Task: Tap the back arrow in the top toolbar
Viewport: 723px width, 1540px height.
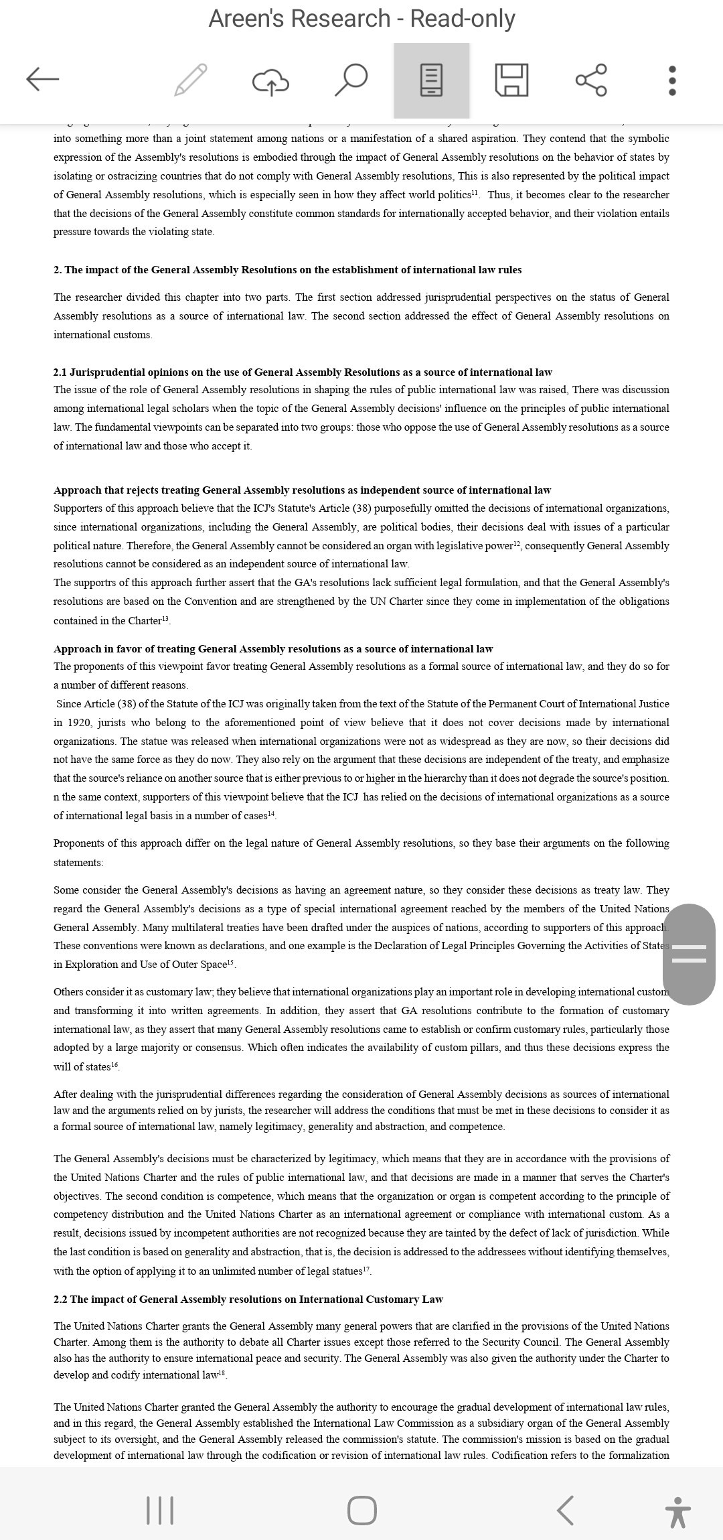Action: point(43,79)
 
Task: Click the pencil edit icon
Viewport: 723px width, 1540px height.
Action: point(190,80)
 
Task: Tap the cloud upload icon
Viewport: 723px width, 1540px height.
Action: point(270,81)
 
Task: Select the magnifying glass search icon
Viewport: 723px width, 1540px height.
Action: point(351,80)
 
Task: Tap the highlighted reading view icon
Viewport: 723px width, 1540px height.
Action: point(431,80)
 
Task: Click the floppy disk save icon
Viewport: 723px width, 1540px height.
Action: point(511,80)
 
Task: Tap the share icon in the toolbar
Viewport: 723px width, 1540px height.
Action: point(592,80)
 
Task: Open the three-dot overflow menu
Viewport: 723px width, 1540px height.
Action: point(672,80)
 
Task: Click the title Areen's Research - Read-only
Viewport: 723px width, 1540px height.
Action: point(361,19)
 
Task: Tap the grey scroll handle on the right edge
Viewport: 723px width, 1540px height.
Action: point(689,954)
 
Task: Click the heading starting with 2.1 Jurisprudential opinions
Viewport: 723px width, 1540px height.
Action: point(303,372)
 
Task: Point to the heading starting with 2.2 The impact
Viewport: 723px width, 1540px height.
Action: point(248,1299)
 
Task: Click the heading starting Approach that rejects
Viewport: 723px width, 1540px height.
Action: point(302,490)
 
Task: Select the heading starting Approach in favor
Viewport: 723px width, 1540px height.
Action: point(273,648)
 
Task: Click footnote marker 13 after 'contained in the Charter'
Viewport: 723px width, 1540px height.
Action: point(166,619)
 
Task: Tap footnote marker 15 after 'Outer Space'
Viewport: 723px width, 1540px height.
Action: point(231,963)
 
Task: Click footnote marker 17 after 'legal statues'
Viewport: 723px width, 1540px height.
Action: point(366,1269)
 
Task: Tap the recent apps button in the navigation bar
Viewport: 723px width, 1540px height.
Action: point(159,1511)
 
